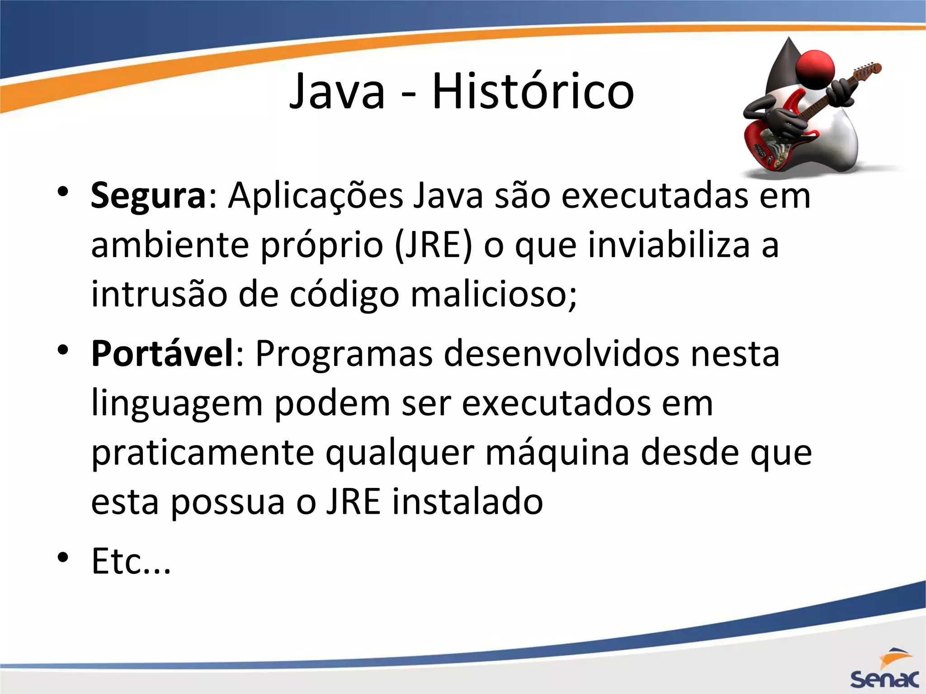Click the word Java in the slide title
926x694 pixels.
pos(337,92)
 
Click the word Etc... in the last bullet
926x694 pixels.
pos(131,561)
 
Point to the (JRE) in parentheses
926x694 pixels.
pos(433,245)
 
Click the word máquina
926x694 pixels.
pos(557,453)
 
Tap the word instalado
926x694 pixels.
pos(467,502)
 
